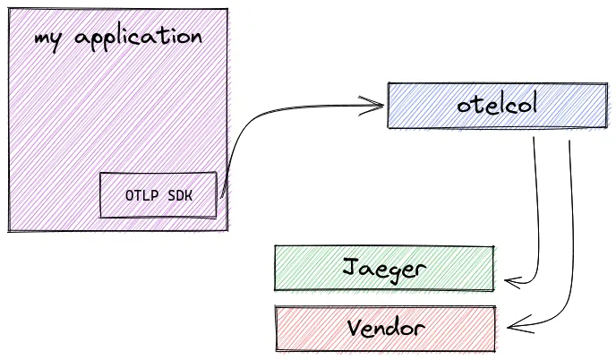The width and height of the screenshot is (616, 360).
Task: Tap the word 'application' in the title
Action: tap(139, 39)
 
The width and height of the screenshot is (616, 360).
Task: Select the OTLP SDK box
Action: tap(158, 194)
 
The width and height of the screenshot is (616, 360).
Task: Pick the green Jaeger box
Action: tap(383, 268)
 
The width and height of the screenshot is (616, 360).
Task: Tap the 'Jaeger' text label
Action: tap(384, 269)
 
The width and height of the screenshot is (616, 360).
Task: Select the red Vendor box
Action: tap(384, 328)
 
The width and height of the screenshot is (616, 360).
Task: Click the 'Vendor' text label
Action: tap(384, 328)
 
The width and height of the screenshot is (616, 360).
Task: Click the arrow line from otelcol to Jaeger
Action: tap(538, 215)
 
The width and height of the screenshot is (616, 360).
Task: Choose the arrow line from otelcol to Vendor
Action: tap(570, 233)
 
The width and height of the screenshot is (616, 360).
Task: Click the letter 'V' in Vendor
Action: tap(353, 327)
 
